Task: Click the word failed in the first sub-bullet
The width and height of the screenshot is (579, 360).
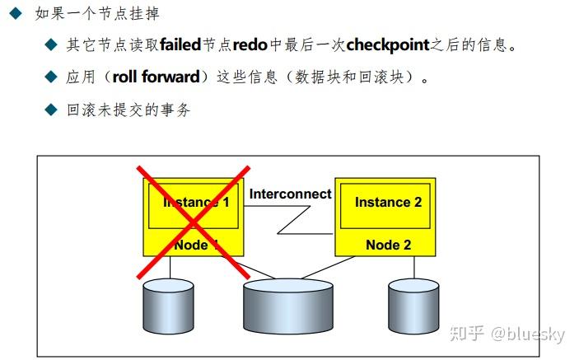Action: point(180,44)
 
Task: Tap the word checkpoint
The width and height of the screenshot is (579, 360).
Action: point(388,44)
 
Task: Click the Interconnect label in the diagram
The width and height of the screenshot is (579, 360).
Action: point(290,194)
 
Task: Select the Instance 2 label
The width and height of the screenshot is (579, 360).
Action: point(388,202)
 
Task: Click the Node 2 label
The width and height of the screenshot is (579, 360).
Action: point(388,245)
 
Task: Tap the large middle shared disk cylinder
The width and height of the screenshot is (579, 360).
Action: point(290,306)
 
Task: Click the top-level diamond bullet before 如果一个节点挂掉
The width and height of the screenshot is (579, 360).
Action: point(14,13)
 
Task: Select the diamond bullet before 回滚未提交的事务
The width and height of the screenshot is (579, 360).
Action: point(51,109)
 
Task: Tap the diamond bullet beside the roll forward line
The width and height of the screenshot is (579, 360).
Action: point(51,77)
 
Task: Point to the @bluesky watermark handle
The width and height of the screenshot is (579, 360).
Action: point(528,334)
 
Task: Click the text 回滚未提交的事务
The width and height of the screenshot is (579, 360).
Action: point(128,109)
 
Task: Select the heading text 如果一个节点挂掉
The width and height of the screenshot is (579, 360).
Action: point(97,13)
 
